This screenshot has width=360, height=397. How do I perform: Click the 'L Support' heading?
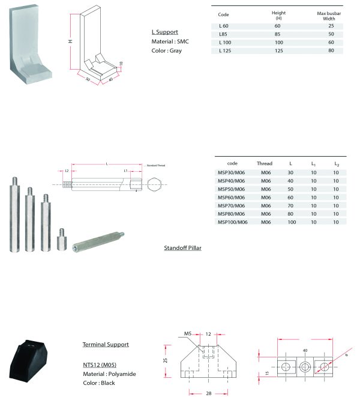tap(165, 32)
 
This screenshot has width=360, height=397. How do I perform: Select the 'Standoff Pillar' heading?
tap(182, 247)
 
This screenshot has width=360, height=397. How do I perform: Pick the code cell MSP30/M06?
tap(231, 172)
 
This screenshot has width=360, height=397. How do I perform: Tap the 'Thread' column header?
tap(265, 163)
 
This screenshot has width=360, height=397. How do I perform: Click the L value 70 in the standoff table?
tap(290, 205)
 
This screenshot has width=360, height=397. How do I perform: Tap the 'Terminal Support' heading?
tap(105, 345)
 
